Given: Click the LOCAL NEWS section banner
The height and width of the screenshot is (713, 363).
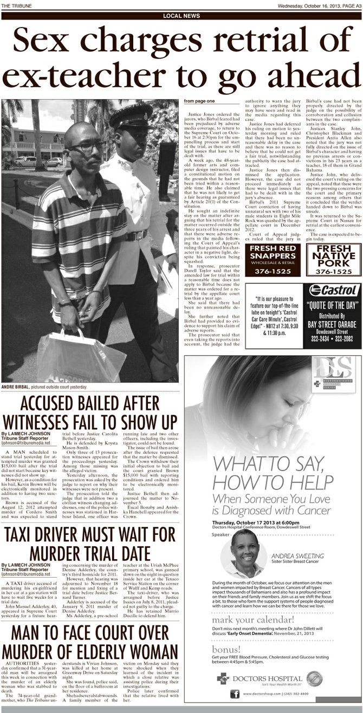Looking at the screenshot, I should [181, 16].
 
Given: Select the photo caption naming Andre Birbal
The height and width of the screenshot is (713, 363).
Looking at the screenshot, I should [44, 387].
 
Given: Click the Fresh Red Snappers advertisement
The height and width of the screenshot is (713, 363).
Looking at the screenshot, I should [273, 259].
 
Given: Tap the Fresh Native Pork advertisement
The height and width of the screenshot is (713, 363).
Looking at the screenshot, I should [333, 259].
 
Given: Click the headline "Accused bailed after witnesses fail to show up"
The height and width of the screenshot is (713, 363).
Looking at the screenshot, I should [90, 413].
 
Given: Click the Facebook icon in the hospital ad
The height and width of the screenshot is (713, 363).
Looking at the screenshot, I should [235, 694].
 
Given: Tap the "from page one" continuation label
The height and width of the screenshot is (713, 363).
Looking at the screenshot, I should [199, 101].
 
